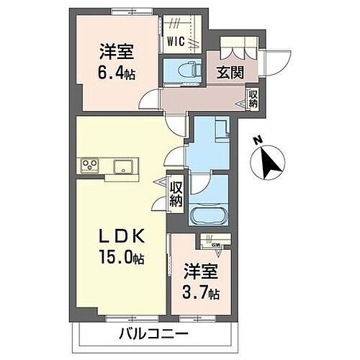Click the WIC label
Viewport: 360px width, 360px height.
[176, 41]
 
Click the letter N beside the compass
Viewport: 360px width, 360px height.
[258, 141]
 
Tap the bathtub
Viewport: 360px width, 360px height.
[208, 215]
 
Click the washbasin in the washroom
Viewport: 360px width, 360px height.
[220, 130]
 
